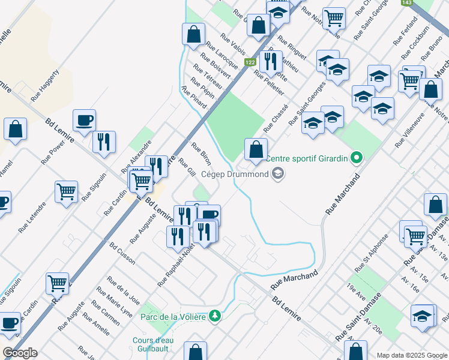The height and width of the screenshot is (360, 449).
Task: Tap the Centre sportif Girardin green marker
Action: coord(357,159)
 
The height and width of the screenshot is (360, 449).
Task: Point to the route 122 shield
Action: coord(250,63)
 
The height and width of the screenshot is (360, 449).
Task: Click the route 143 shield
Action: coord(407,3)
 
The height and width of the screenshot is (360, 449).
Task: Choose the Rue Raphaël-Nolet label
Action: coord(176,266)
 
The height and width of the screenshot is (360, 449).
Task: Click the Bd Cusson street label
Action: coord(122,253)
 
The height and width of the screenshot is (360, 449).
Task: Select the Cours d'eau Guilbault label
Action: coord(154,344)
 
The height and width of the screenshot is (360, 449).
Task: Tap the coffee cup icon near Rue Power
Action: coord(84,119)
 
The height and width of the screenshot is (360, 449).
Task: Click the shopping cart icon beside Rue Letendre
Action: coord(67,192)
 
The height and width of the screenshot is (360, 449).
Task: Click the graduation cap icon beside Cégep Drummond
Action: coord(277,175)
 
